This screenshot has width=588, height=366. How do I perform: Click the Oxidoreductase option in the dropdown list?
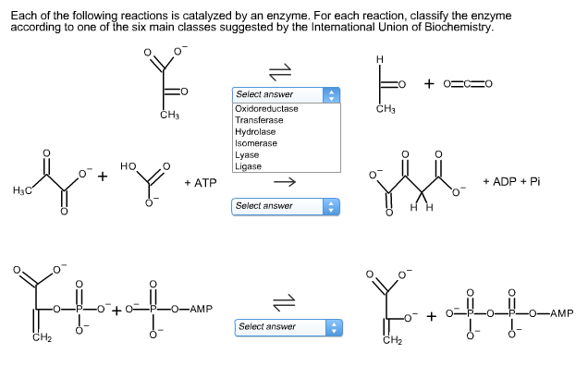[x=266, y=109]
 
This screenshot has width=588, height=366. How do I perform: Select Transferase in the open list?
[x=260, y=121]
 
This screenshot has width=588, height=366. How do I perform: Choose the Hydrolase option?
[x=256, y=132]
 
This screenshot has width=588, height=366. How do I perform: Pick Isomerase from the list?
[x=256, y=143]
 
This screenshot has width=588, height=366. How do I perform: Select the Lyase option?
[x=247, y=155]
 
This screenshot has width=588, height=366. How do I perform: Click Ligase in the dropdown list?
[x=248, y=166]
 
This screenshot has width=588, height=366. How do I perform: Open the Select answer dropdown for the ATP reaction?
[x=285, y=205]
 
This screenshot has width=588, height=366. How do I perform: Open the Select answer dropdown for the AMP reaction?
[x=288, y=326]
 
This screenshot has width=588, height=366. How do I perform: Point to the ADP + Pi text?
[x=511, y=182]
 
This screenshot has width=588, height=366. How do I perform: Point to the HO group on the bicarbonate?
[x=129, y=167]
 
